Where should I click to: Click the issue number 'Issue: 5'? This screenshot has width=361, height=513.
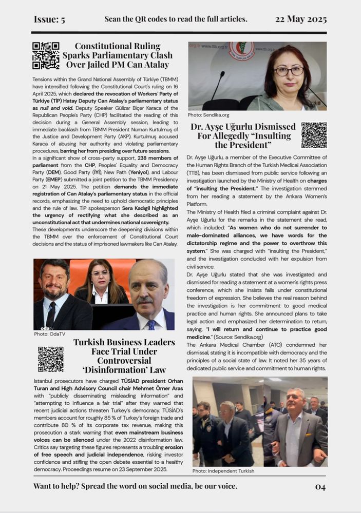tap(49, 19)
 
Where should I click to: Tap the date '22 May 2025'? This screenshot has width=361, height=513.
tap(301, 19)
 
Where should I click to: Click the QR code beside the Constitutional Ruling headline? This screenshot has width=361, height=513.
tap(46, 55)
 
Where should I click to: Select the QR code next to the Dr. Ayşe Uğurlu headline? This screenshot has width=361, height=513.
tap(314, 135)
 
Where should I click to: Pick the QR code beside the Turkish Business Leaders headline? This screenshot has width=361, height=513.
tap(51, 359)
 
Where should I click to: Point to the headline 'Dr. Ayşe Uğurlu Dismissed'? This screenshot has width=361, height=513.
tap(243, 127)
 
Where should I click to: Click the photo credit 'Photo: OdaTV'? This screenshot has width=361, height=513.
tap(49, 334)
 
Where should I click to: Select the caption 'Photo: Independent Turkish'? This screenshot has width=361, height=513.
tap(223, 470)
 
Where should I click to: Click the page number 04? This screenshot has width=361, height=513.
tap(320, 486)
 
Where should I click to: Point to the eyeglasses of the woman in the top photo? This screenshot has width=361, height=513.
tap(289, 71)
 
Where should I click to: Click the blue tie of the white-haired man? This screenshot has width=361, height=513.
tap(151, 324)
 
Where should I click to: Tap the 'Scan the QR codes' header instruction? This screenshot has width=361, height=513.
tap(176, 19)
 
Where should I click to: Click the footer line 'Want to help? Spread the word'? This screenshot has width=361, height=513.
tap(135, 486)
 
